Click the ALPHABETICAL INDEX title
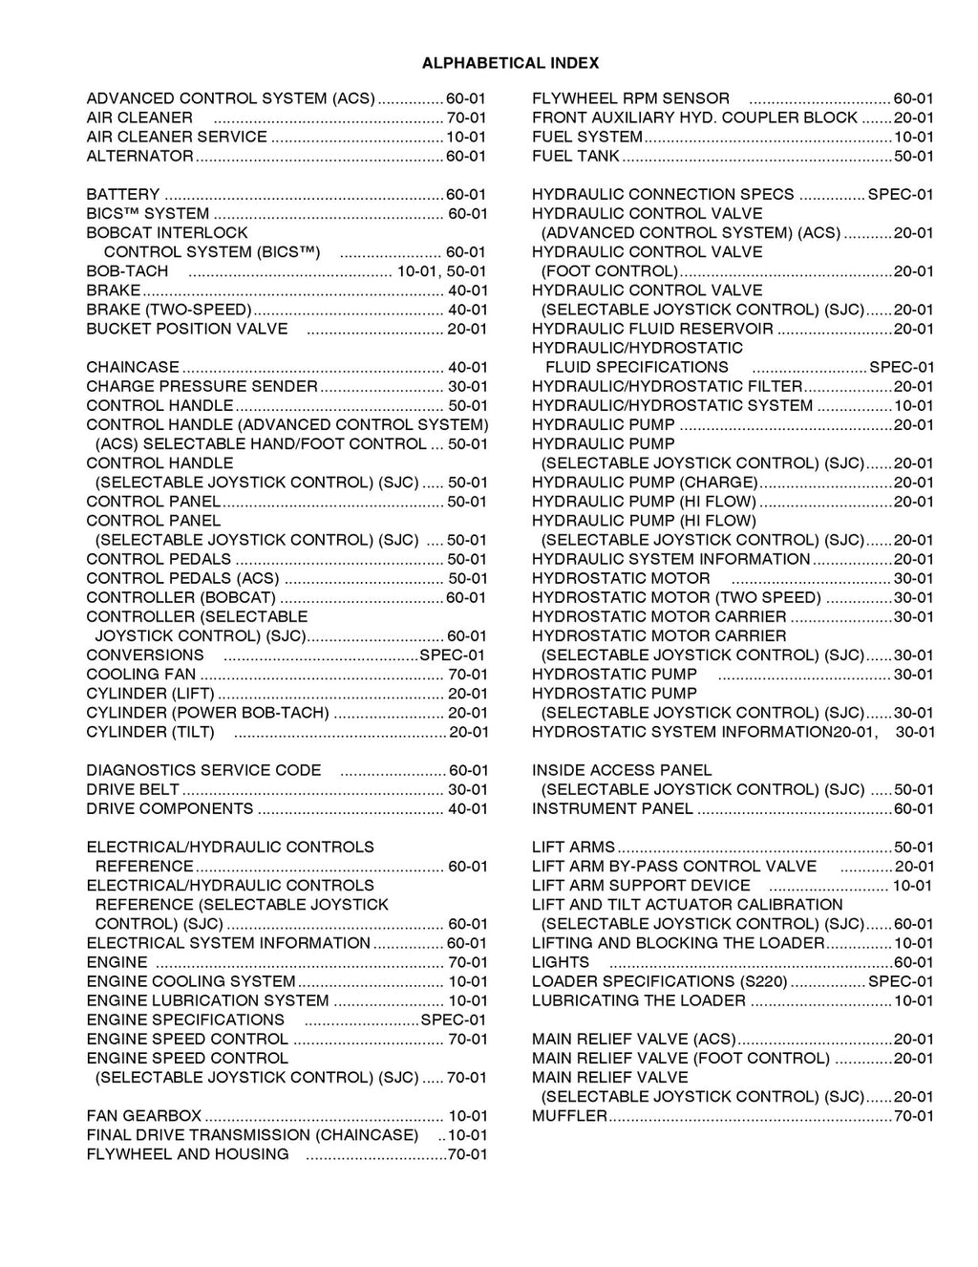point(510,63)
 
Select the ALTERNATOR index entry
point(139,156)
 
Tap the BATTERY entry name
point(123,194)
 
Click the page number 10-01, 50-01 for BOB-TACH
point(441,271)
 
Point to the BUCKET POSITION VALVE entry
point(186,329)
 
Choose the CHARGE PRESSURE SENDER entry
point(202,386)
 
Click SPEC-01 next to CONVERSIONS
point(452,655)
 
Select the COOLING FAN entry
point(140,675)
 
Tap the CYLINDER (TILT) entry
point(150,732)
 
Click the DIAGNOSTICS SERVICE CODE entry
point(203,770)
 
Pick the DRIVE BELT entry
point(133,789)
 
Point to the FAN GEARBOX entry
point(143,1116)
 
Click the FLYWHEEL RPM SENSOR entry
point(630,98)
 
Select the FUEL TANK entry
point(576,156)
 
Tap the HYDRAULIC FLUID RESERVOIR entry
point(652,329)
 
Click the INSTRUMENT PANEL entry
point(612,808)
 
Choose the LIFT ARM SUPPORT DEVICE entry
point(641,886)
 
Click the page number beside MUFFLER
point(913,1116)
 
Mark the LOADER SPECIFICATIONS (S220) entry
point(660,981)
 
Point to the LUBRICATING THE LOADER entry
point(638,1000)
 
